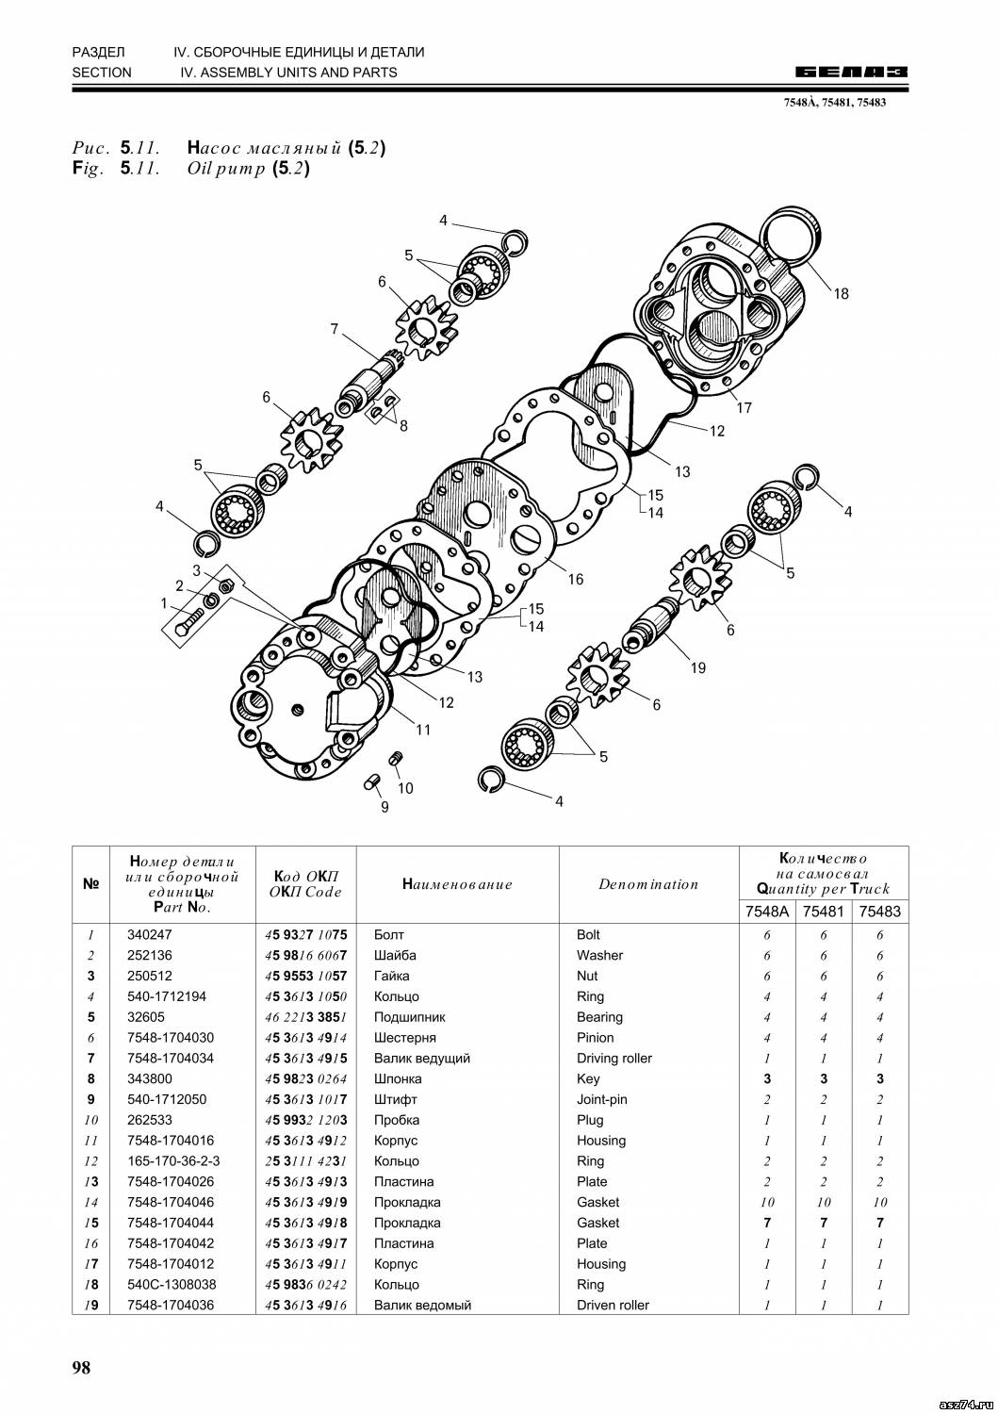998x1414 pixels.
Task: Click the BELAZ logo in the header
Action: (x=851, y=72)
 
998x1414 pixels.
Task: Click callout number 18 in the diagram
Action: (x=841, y=293)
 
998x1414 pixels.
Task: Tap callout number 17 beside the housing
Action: (x=744, y=408)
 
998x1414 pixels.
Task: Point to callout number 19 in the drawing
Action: (x=697, y=668)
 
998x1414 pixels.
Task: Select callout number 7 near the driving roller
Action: (x=335, y=329)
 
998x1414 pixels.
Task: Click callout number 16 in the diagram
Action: (x=575, y=580)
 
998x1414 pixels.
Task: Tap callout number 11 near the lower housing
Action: (x=423, y=730)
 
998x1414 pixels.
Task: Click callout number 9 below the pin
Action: (x=384, y=807)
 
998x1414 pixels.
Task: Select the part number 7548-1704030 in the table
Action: (x=171, y=1038)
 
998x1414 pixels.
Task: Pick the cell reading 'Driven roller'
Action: (x=614, y=1306)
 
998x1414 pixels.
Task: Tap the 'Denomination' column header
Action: (x=648, y=884)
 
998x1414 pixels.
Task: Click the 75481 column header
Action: (x=824, y=912)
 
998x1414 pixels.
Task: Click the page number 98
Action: (x=81, y=1368)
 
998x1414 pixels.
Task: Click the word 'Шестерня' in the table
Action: (x=405, y=1038)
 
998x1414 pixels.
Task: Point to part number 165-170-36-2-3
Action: (x=173, y=1161)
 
